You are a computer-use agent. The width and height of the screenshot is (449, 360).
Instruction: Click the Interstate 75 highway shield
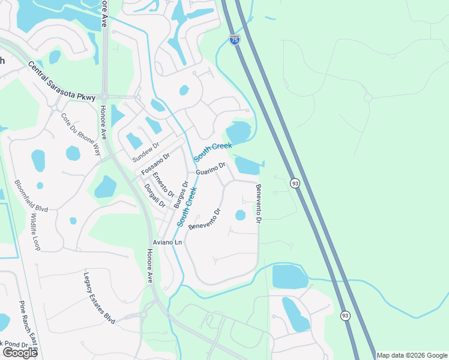[234, 40]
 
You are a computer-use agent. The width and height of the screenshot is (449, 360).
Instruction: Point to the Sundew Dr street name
[146, 152]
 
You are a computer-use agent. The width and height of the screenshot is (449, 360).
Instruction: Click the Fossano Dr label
[155, 163]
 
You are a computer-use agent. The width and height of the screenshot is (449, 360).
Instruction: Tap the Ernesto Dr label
[163, 185]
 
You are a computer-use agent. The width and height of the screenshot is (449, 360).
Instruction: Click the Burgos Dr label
[180, 193]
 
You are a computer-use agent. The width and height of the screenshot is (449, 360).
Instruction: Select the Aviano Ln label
[167, 242]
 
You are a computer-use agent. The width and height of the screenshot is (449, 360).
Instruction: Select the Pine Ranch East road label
[28, 327]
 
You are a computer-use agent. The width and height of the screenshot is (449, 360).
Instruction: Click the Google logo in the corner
[20, 353]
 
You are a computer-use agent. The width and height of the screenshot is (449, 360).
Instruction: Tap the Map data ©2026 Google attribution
[412, 355]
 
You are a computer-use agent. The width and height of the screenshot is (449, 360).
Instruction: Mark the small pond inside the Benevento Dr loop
[240, 215]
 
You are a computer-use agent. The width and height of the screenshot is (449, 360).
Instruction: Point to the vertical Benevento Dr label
[259, 204]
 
